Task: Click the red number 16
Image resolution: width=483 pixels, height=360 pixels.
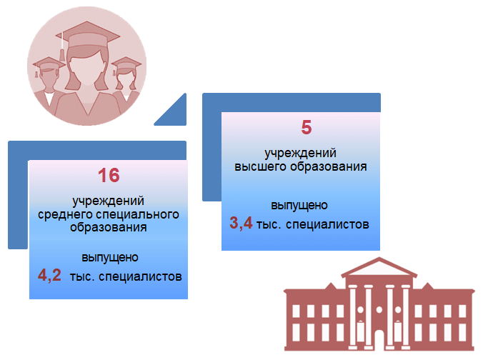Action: tap(109, 175)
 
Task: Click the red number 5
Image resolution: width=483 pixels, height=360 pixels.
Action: tap(307, 127)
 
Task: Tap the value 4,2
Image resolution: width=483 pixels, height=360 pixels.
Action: tap(49, 275)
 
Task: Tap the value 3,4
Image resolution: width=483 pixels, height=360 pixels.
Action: tap(241, 223)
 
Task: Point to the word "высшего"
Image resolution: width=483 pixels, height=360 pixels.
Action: tap(261, 166)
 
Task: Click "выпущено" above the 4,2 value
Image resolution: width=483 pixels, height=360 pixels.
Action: tap(110, 257)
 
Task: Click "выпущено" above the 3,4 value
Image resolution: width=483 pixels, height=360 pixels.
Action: tap(299, 206)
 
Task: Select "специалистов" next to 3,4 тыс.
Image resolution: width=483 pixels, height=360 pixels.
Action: tap(327, 224)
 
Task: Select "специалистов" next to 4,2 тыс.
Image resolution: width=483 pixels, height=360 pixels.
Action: tap(140, 276)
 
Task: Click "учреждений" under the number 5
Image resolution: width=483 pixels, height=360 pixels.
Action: tap(300, 153)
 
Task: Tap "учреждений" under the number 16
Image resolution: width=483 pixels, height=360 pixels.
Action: tap(108, 201)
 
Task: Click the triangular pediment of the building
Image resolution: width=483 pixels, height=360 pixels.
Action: tap(379, 267)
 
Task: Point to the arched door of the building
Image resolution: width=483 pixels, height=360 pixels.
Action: tap(379, 340)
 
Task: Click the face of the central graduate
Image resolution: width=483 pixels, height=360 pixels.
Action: tap(87, 66)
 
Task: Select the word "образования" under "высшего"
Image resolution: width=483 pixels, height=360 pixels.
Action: tap(329, 166)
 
